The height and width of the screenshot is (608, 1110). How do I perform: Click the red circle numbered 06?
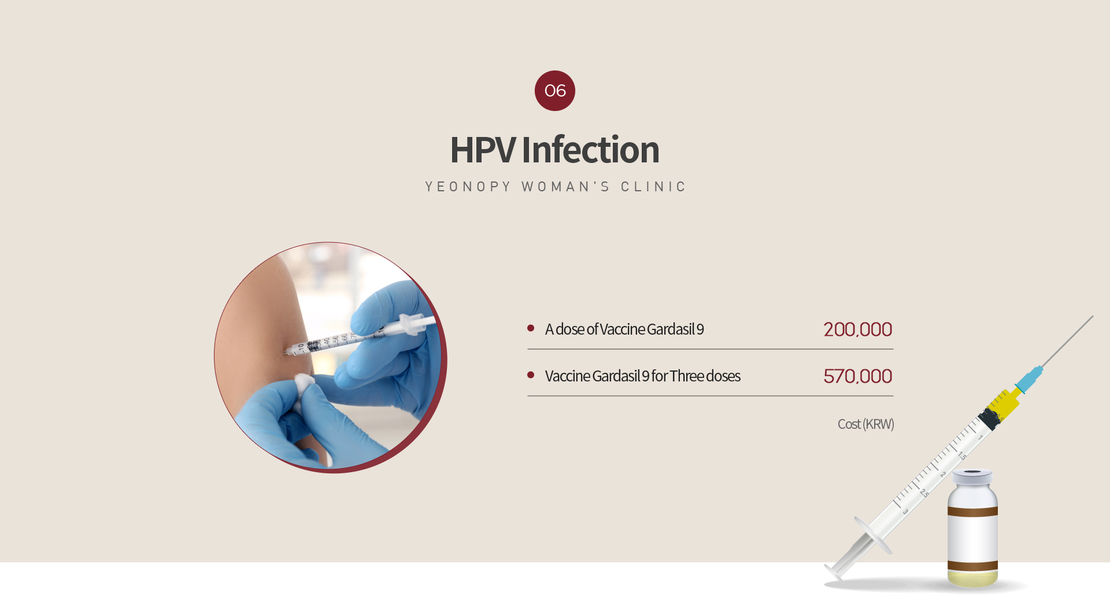coord(555,91)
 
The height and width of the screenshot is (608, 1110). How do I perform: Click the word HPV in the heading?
coord(482,150)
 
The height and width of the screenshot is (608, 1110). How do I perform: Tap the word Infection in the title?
coord(590,149)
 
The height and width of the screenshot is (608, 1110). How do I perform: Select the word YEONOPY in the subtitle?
coord(468,187)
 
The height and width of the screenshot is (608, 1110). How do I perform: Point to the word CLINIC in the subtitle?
coord(653,187)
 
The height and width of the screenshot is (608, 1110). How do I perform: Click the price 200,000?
coord(858,329)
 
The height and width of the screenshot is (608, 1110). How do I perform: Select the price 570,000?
coord(858,376)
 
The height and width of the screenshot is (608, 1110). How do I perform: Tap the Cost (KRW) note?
coord(866,424)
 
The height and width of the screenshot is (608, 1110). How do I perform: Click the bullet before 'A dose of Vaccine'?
coord(531,328)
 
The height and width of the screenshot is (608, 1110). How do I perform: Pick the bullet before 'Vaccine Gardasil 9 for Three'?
coord(531,375)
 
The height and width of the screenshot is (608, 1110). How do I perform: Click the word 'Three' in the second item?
coord(687,376)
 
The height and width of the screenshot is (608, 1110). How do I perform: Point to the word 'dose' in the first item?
coord(570,329)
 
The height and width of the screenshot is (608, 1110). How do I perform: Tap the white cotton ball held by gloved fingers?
coord(304,383)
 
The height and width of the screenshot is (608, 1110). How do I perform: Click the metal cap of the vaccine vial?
coord(972,477)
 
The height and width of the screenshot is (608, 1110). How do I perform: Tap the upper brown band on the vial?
coord(972,511)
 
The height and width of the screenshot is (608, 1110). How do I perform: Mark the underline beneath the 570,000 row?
coord(711,396)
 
